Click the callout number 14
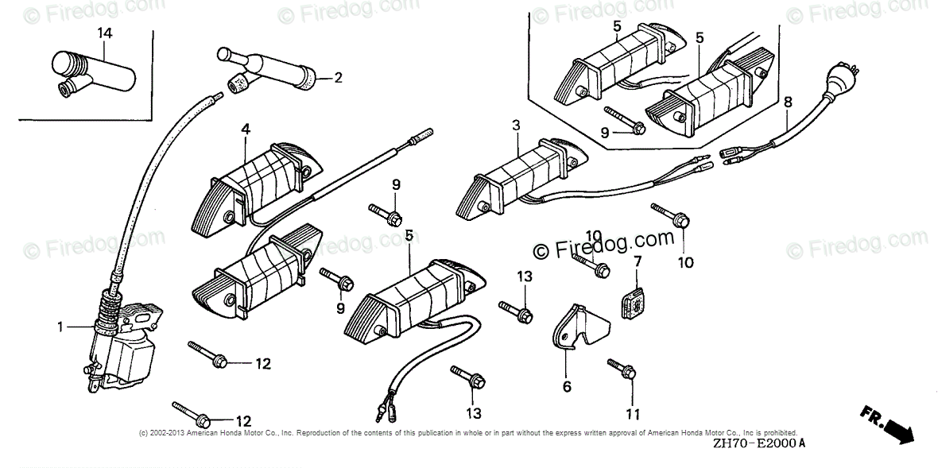click(x=105, y=33)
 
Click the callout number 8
click(x=788, y=102)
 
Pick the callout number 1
click(x=60, y=326)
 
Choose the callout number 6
click(x=567, y=387)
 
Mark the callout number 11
click(x=633, y=413)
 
